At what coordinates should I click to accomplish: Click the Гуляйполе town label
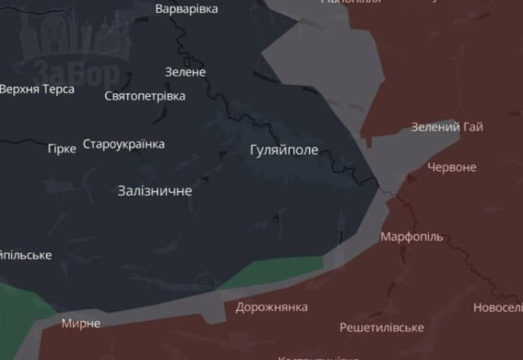point(283,149)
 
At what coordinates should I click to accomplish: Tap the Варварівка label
point(186,8)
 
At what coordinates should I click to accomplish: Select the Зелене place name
point(185,71)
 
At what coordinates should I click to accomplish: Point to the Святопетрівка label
point(145,96)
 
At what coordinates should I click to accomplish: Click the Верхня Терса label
point(37,90)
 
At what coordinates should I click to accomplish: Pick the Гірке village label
point(62,148)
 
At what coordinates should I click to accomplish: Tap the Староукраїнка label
point(124,144)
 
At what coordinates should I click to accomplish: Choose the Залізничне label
point(155,191)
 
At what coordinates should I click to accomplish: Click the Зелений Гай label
point(446,126)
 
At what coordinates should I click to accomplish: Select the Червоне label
point(452,167)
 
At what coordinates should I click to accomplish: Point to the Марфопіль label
point(411,236)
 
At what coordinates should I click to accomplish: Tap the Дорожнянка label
point(272,306)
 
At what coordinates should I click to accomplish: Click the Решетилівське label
point(381,328)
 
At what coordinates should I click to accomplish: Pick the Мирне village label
point(80,324)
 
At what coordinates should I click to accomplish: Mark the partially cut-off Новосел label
point(497,307)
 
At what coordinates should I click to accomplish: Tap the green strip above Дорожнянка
point(272,273)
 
